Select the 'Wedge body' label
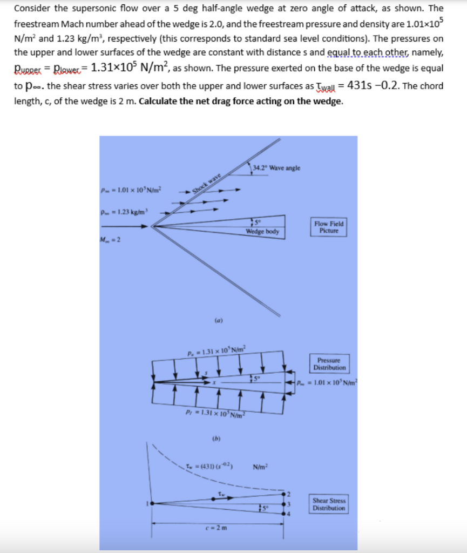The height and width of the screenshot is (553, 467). (262, 232)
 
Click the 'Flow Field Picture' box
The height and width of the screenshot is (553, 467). (328, 227)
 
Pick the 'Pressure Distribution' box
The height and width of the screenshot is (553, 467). (328, 363)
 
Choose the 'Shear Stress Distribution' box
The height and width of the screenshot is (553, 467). (329, 504)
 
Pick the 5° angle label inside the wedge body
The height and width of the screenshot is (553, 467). (257, 223)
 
